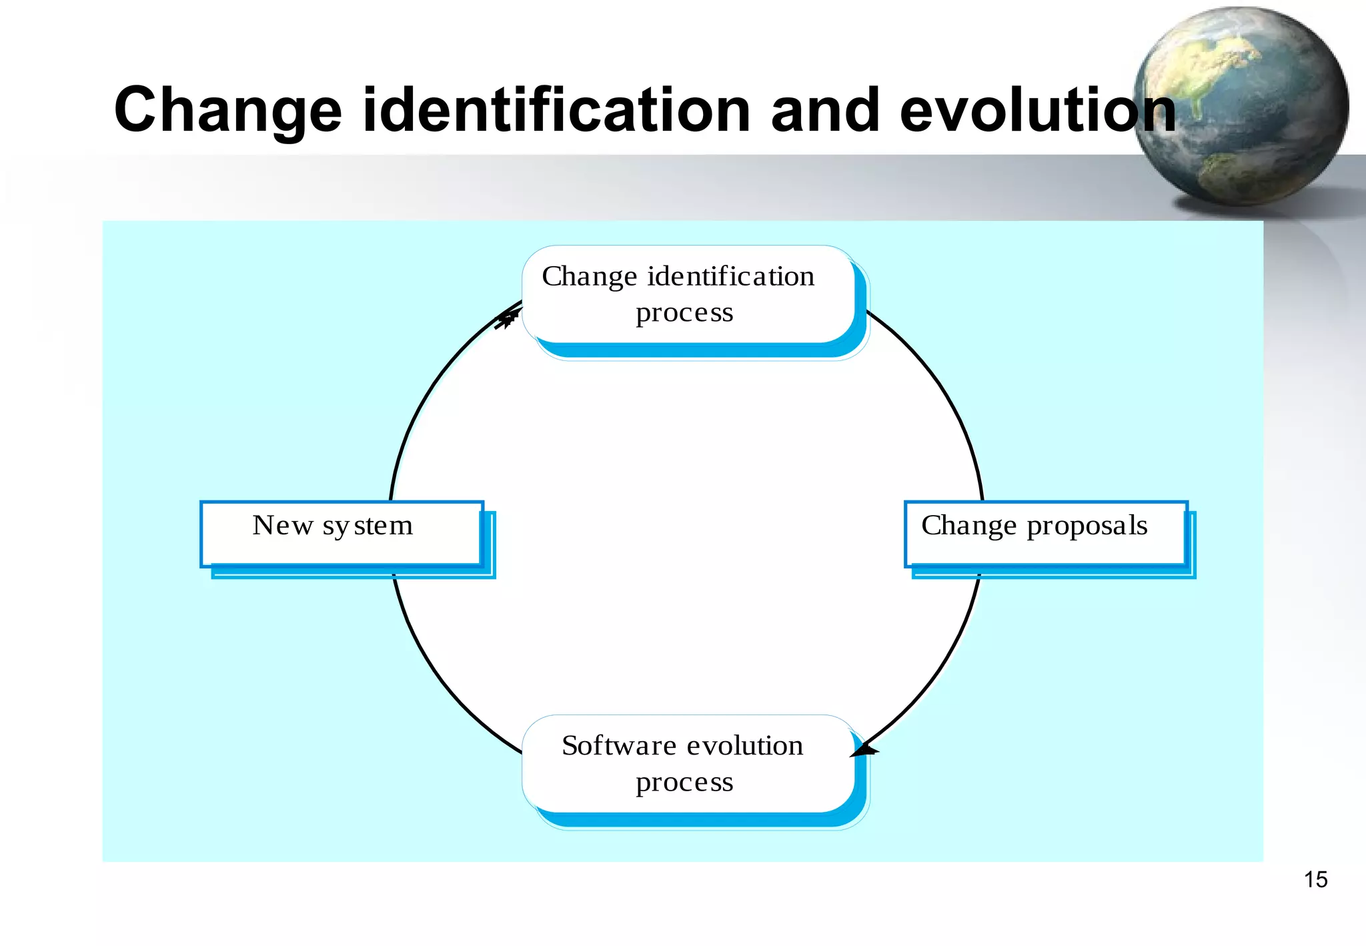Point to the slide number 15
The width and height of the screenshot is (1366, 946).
[x=1315, y=880]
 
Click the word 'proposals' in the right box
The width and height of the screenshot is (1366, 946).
[x=1087, y=526]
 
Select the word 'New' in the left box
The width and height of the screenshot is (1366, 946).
[x=282, y=526]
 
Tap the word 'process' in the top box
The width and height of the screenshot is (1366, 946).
[x=684, y=314]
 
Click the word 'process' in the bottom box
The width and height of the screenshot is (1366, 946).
[x=684, y=783]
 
